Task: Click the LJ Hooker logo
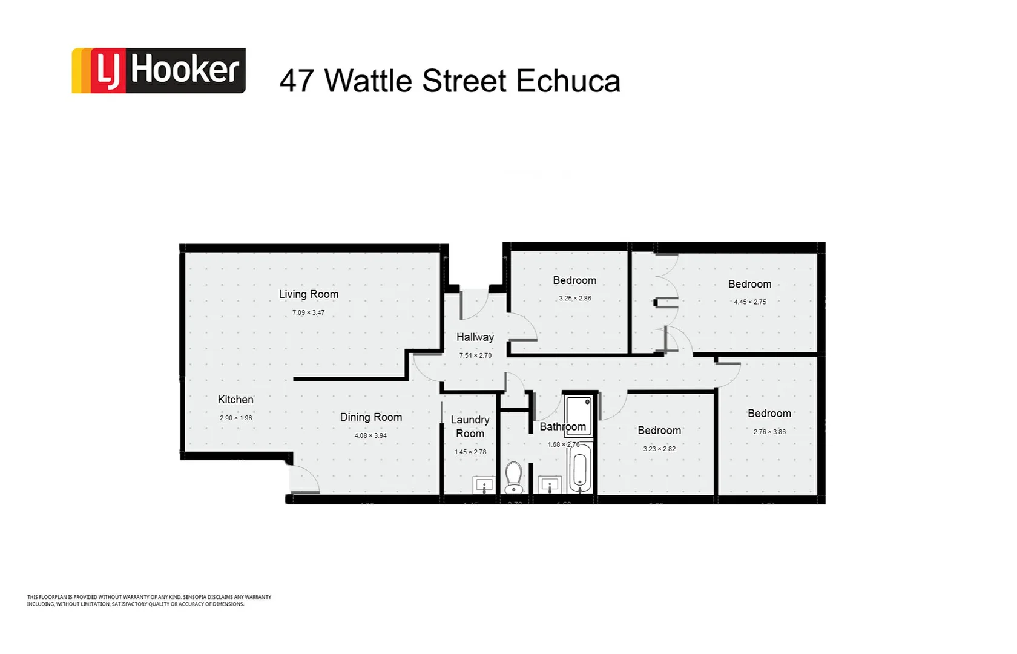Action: (x=159, y=71)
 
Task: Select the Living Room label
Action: (x=308, y=294)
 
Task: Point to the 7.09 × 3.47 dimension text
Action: (x=308, y=312)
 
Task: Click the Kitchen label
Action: (x=235, y=400)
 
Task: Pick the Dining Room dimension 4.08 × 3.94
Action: (x=370, y=435)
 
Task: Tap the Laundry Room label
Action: (x=470, y=426)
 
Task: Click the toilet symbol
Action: (x=514, y=477)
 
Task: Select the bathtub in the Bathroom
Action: (x=579, y=469)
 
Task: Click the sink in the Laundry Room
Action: (x=484, y=485)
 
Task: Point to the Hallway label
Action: (x=475, y=337)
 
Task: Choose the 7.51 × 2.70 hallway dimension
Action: (x=475, y=355)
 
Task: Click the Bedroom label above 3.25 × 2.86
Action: (x=574, y=280)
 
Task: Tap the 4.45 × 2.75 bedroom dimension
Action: (x=750, y=302)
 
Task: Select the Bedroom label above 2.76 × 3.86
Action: (x=769, y=414)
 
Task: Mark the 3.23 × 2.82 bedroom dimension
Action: (x=659, y=449)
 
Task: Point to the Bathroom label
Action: (x=562, y=427)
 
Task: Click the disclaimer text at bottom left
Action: (x=149, y=601)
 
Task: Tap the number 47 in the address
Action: (x=297, y=81)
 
